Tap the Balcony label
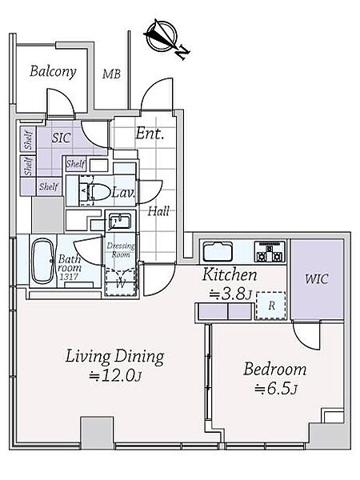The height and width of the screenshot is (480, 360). coord(53,72)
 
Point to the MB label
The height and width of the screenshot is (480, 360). coord(111,74)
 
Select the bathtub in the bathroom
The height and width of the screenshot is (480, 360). coord(42,262)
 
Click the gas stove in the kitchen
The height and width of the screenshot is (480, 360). coord(270,252)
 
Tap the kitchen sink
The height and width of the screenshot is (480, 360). coord(218,252)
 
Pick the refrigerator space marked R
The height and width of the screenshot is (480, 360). coord(271,306)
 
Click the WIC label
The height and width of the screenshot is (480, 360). coord(317,279)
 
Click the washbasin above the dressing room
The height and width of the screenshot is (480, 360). coord(120,221)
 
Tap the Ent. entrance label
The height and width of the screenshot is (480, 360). coord(150,134)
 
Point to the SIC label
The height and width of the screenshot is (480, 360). coord(62,138)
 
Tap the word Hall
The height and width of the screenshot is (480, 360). coord(158,211)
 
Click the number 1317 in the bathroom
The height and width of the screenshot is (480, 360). coord(69,277)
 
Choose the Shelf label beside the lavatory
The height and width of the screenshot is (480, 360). coord(76,164)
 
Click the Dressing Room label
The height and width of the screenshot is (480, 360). coord(121,250)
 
